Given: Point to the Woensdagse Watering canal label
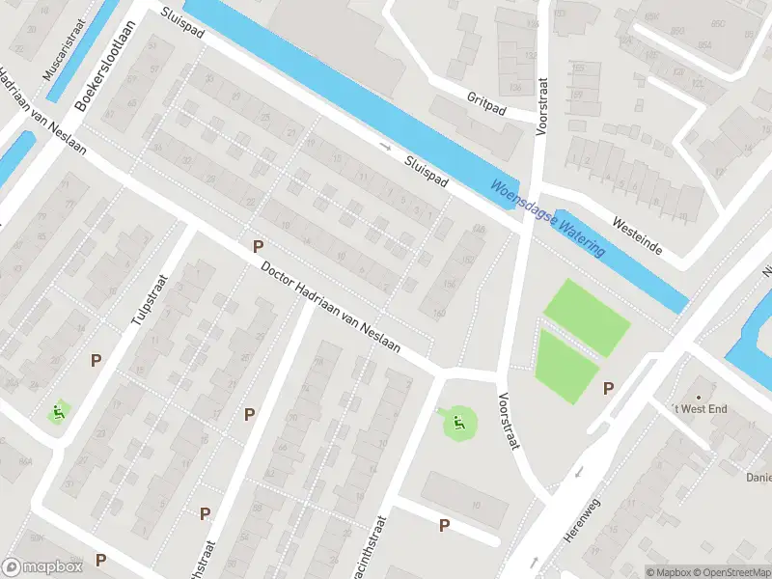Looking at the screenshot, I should click(547, 219).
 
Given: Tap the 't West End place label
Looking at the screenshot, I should click(701, 409).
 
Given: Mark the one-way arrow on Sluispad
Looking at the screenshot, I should click(386, 147).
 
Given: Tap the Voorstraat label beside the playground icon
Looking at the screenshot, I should click(510, 420).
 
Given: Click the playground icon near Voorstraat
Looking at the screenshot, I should click(458, 421).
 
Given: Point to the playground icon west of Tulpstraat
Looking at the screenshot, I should click(59, 413).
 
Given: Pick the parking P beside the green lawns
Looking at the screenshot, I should click(608, 388).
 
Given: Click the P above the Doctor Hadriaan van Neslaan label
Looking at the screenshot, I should click(258, 246).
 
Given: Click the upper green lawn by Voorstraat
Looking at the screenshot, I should click(587, 316).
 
